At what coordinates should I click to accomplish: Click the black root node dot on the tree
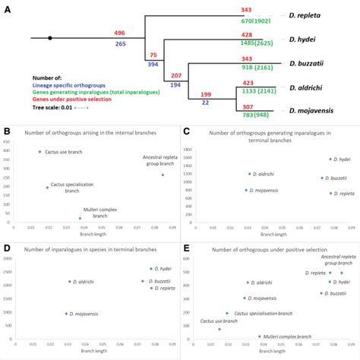point(50,36)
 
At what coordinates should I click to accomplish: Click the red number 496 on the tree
point(119,33)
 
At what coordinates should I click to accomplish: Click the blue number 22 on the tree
point(206,102)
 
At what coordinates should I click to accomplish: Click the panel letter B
point(6,130)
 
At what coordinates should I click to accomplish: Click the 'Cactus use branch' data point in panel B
point(39,152)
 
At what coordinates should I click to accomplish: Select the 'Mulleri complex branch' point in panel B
point(80,218)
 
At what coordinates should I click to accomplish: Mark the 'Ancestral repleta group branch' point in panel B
point(162,175)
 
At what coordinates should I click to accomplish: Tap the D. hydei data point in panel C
point(330,159)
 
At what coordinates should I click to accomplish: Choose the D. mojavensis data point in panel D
point(67,313)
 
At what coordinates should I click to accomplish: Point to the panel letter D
point(6,248)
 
